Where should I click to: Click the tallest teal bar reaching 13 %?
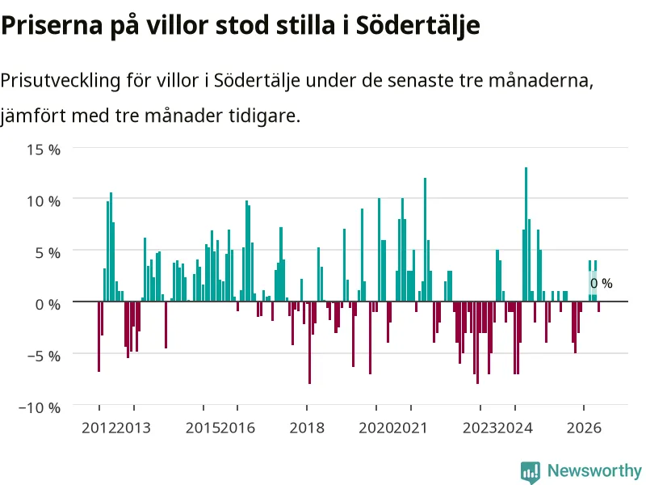(x=526, y=234)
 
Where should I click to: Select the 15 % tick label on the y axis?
(x=44, y=150)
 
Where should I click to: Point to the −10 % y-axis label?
(x=40, y=408)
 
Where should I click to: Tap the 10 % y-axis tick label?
(x=44, y=201)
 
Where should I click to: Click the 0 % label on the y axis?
(x=48, y=305)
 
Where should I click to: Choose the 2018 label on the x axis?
(x=307, y=428)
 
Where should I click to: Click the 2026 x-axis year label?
(x=584, y=428)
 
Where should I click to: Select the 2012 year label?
(x=99, y=428)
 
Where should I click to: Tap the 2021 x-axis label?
(x=410, y=428)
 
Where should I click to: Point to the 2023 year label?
(x=480, y=428)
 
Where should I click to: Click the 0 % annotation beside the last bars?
(x=602, y=284)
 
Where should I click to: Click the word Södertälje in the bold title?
(x=418, y=26)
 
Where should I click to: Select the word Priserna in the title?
(x=52, y=26)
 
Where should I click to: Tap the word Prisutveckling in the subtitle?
(x=60, y=80)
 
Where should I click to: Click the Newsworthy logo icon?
(x=531, y=472)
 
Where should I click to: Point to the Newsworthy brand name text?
(x=594, y=470)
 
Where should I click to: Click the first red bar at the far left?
(x=99, y=336)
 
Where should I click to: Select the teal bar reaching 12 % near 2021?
(x=426, y=239)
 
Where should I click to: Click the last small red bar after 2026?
(x=598, y=306)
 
